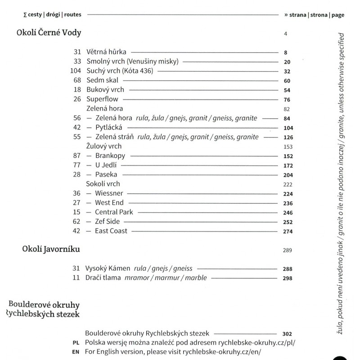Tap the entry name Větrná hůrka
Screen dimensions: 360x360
(107, 52)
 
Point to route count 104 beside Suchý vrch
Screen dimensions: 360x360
(75, 71)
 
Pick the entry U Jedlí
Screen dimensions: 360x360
(106, 165)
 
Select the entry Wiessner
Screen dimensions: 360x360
(108, 193)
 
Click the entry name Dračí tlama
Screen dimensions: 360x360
(103, 278)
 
